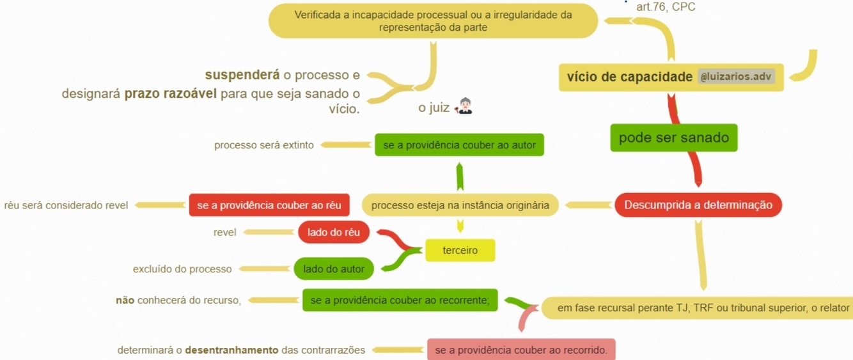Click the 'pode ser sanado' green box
[x=673, y=137]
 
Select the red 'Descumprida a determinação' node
[x=698, y=205]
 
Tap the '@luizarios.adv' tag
[x=736, y=77]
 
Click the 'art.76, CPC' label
[x=666, y=7]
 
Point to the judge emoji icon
[x=464, y=107]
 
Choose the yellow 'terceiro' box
[x=460, y=250]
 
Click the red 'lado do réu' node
[x=333, y=232]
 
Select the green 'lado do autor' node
[x=333, y=269]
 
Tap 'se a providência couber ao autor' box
[x=459, y=145]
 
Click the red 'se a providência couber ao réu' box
[x=269, y=205]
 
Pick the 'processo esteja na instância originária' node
[x=460, y=205]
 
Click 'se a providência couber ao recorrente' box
[x=400, y=300]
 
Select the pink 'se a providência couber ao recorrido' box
[x=520, y=350]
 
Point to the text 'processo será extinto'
[x=264, y=145]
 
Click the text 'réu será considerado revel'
[x=66, y=205]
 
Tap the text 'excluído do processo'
[x=182, y=269]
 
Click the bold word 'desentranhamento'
[x=231, y=350]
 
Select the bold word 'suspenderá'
[x=242, y=75]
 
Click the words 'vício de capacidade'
[x=629, y=77]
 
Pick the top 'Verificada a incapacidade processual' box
[x=433, y=20]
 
